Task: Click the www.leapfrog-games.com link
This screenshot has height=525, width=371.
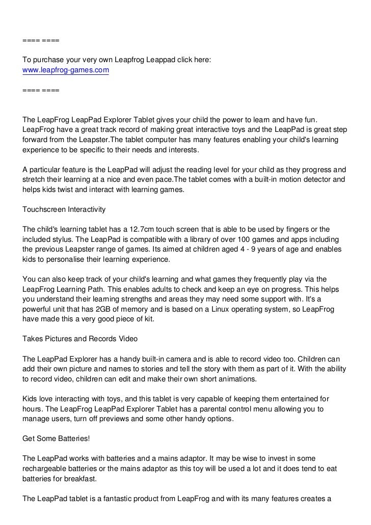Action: point(66,70)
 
